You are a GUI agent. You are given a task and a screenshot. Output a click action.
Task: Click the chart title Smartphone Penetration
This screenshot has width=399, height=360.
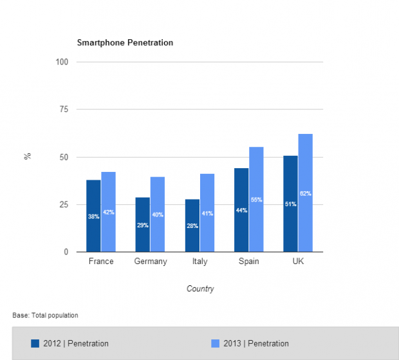(x=125, y=43)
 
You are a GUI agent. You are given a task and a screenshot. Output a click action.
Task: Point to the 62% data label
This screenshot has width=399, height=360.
(x=305, y=193)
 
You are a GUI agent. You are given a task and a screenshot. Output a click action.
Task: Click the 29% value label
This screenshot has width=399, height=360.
(x=142, y=225)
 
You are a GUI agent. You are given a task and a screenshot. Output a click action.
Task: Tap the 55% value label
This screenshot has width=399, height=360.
(x=256, y=200)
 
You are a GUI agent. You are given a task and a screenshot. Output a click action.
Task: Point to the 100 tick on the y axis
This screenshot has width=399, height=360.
(x=62, y=62)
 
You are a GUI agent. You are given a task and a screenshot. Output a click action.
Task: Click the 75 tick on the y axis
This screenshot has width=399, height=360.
(x=64, y=109)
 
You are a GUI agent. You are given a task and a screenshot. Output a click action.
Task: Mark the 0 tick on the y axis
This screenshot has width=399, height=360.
(x=66, y=252)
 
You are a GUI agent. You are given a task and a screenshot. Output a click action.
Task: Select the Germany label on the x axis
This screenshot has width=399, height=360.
(x=151, y=261)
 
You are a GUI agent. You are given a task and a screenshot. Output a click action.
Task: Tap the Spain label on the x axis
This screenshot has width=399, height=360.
(x=248, y=261)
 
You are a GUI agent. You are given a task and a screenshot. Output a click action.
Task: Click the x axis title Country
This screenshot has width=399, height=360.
(x=200, y=289)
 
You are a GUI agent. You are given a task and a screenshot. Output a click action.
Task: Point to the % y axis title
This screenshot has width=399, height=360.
(x=28, y=156)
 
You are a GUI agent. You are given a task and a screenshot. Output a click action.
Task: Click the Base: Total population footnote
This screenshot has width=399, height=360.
(x=45, y=316)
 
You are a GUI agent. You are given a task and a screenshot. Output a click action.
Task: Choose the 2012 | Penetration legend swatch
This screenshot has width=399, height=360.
(x=35, y=343)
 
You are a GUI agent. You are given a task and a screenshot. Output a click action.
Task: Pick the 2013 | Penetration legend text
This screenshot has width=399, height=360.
(x=257, y=343)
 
